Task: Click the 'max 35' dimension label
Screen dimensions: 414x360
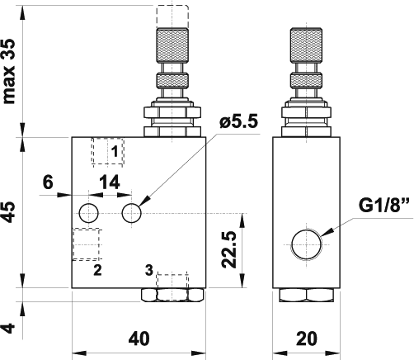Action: click(x=9, y=72)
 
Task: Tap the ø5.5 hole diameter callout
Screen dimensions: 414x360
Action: click(x=238, y=121)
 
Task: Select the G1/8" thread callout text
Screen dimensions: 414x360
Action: click(x=384, y=205)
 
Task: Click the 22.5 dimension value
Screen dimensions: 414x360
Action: click(x=229, y=249)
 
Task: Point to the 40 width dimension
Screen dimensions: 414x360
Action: click(x=139, y=339)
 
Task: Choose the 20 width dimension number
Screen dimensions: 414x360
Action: click(x=306, y=339)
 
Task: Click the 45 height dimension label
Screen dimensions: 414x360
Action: click(x=9, y=212)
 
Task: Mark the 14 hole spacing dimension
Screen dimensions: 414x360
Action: click(x=110, y=182)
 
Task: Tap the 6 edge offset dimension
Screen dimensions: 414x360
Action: click(x=48, y=182)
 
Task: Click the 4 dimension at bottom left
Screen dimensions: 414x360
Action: click(x=9, y=328)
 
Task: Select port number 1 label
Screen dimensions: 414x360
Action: click(x=115, y=151)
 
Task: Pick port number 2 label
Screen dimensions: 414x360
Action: click(x=97, y=270)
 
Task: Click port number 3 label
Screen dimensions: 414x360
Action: click(x=149, y=270)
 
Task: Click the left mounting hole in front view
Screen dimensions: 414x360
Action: click(x=89, y=213)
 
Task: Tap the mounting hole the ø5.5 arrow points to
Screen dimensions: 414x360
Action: click(x=132, y=213)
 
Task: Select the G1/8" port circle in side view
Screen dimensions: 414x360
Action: click(x=306, y=244)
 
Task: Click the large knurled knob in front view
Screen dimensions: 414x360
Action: click(x=172, y=45)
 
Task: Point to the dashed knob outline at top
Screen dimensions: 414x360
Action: click(x=172, y=17)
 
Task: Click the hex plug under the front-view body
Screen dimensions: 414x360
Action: click(x=172, y=295)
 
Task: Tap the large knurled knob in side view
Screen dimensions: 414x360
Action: click(x=306, y=45)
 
